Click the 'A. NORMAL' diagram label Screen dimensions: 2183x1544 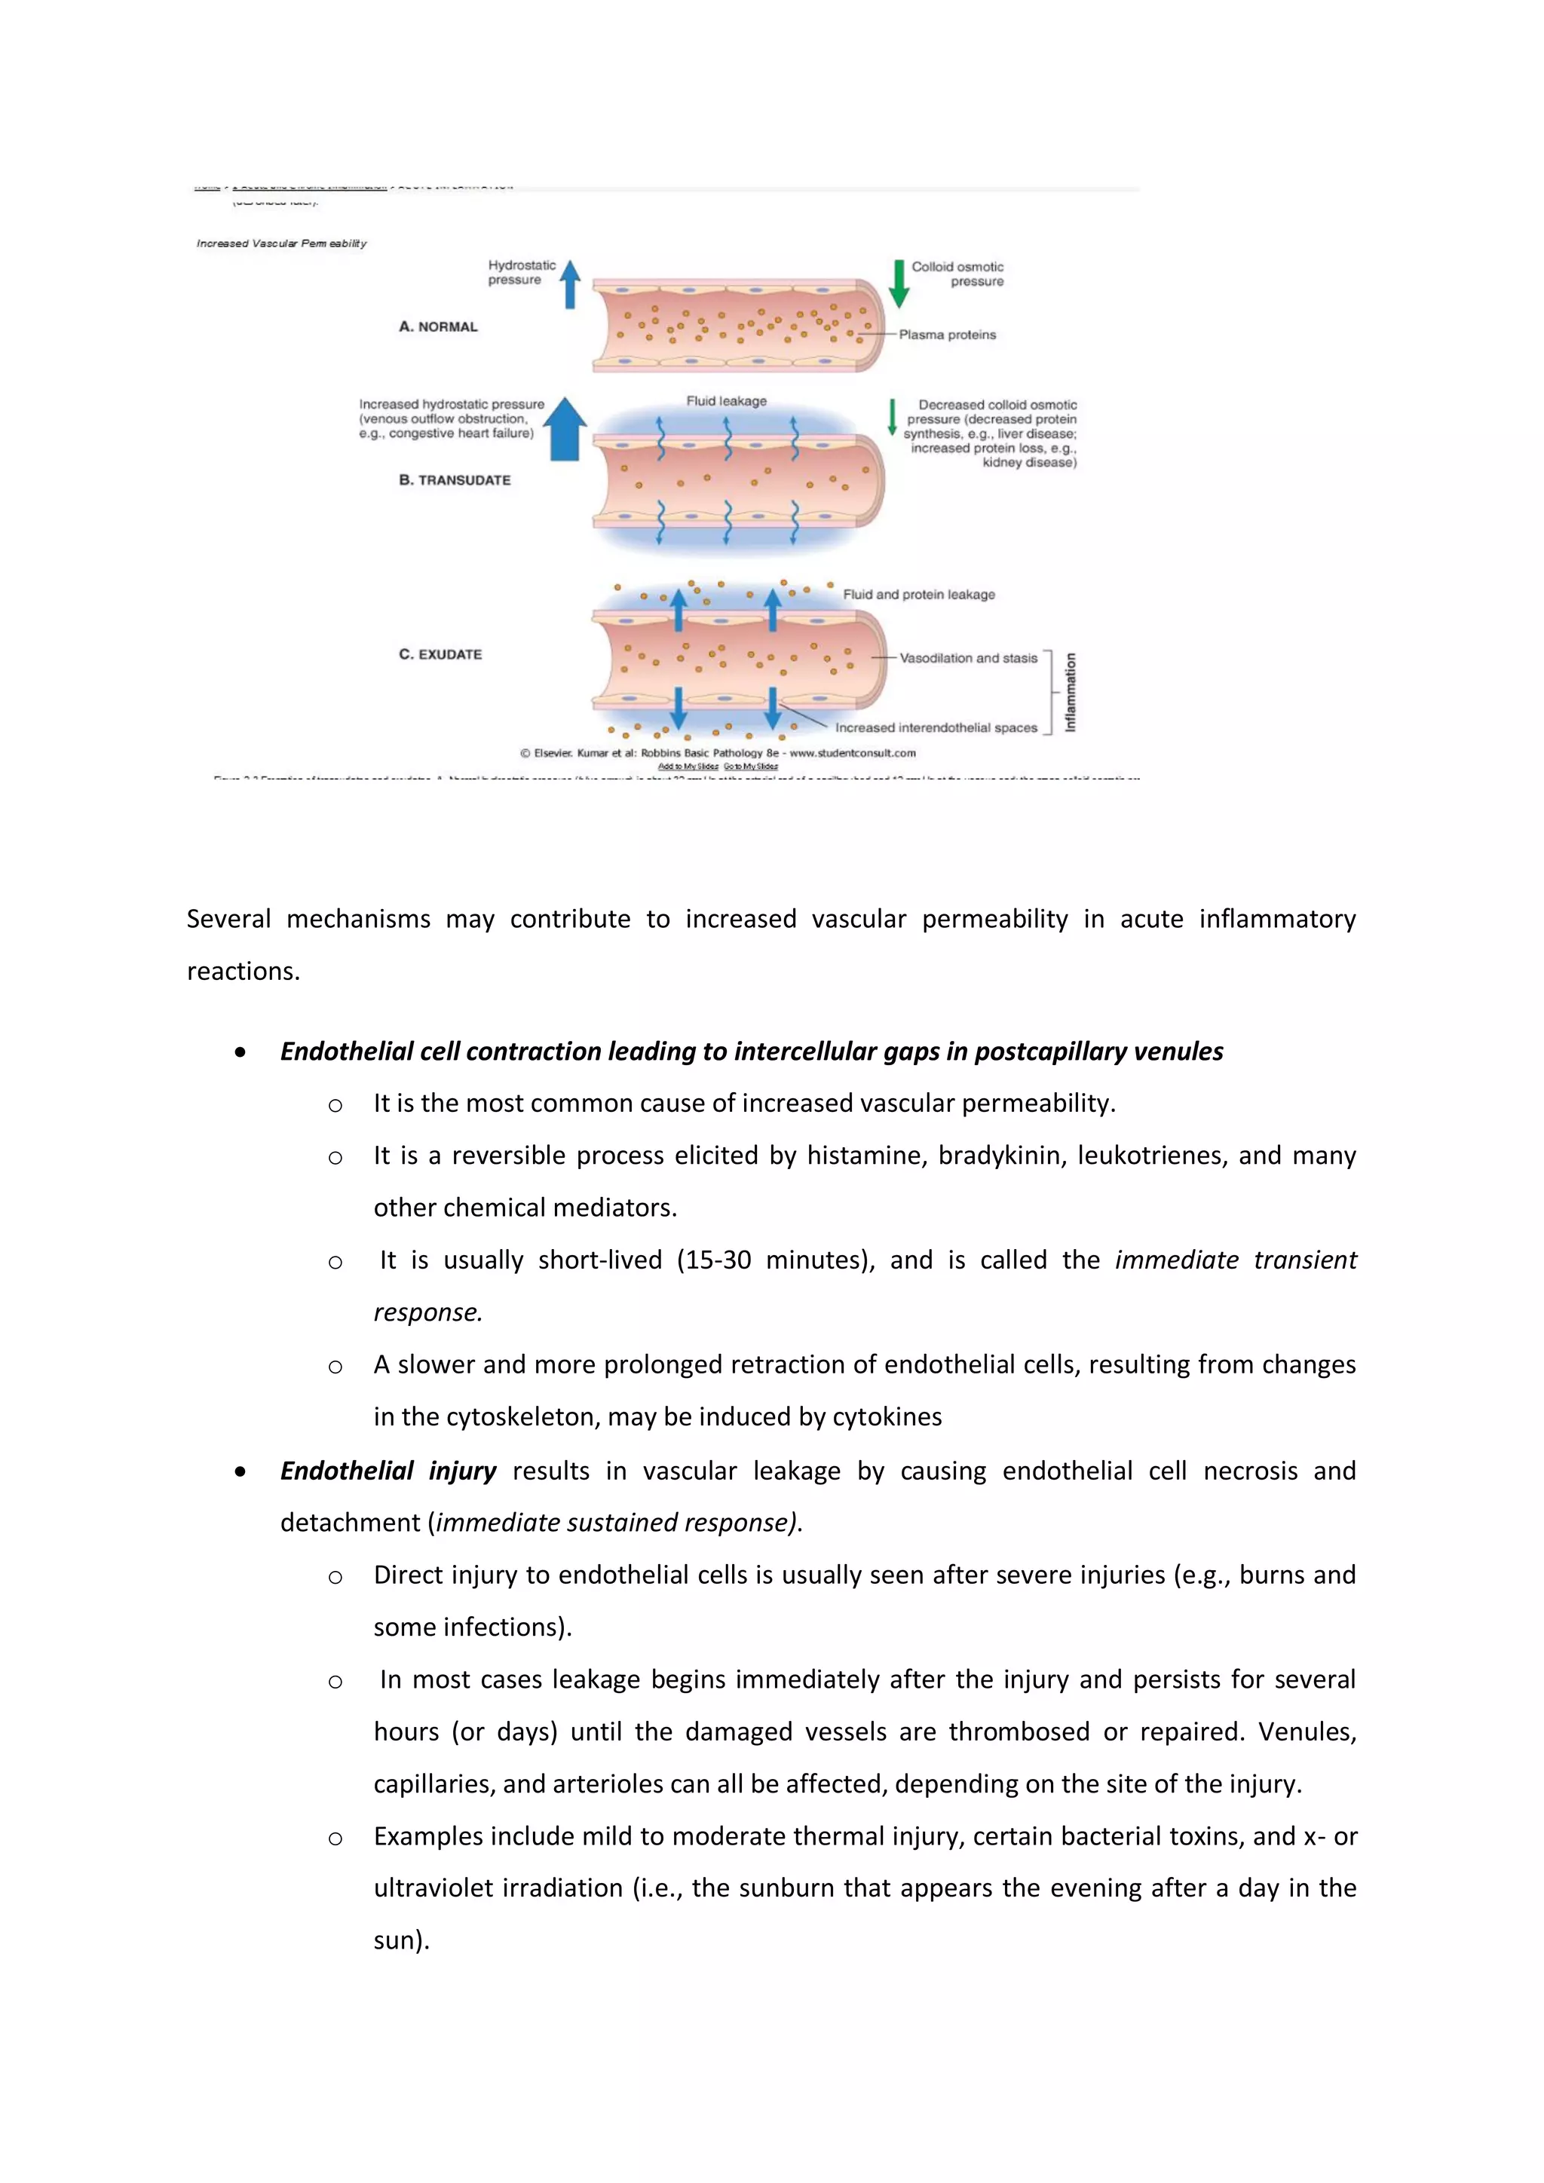click(438, 327)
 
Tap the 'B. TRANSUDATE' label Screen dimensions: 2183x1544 click(455, 480)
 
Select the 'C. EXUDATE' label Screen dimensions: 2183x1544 click(440, 654)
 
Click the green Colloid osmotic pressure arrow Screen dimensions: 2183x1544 click(899, 283)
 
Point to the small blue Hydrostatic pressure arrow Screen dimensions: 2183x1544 click(571, 284)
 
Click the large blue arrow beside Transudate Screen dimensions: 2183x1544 click(565, 429)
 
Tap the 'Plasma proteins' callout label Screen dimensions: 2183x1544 click(947, 335)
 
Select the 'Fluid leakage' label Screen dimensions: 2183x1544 click(726, 401)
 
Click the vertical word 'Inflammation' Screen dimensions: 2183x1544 click(1071, 691)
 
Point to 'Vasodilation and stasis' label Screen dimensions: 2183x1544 click(968, 658)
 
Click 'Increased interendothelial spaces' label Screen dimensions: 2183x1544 click(936, 727)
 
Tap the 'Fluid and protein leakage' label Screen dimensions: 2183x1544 click(918, 594)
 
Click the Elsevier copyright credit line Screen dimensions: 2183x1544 click(718, 753)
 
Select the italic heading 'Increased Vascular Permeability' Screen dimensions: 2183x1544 click(281, 243)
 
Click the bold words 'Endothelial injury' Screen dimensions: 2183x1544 click(388, 1471)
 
